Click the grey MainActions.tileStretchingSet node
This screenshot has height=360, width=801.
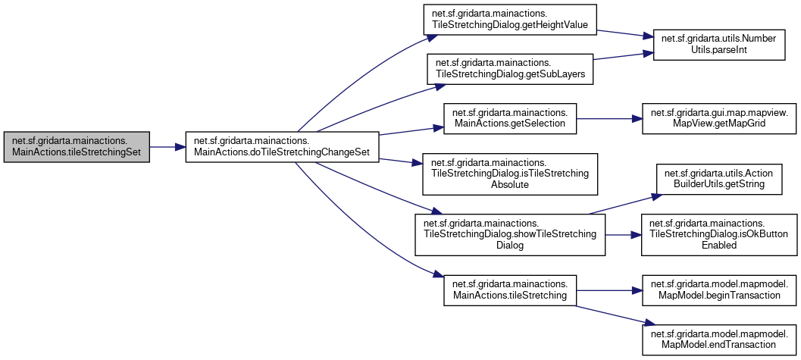click(x=77, y=147)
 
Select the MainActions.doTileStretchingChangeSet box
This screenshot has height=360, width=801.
click(x=282, y=147)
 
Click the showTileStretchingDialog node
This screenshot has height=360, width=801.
click(x=510, y=234)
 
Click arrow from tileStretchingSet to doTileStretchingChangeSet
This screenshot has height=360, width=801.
click(x=168, y=147)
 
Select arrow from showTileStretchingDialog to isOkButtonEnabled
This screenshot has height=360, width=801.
click(x=624, y=234)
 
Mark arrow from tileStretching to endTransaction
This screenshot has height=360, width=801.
click(x=610, y=315)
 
